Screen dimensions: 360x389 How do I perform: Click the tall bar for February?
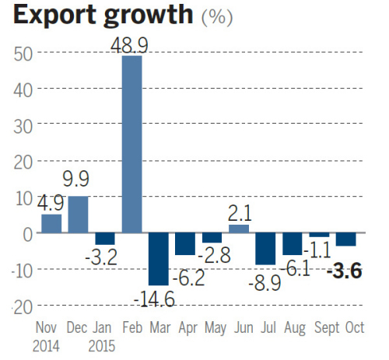[132, 144]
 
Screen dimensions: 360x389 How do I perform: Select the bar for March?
[159, 258]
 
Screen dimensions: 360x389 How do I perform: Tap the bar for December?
[79, 214]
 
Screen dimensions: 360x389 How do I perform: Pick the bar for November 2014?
[51, 223]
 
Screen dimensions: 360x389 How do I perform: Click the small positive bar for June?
[239, 229]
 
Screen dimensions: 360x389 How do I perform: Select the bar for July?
[265, 248]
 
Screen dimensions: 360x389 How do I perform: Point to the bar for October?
[346, 239]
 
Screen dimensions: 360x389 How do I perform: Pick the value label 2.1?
[240, 211]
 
